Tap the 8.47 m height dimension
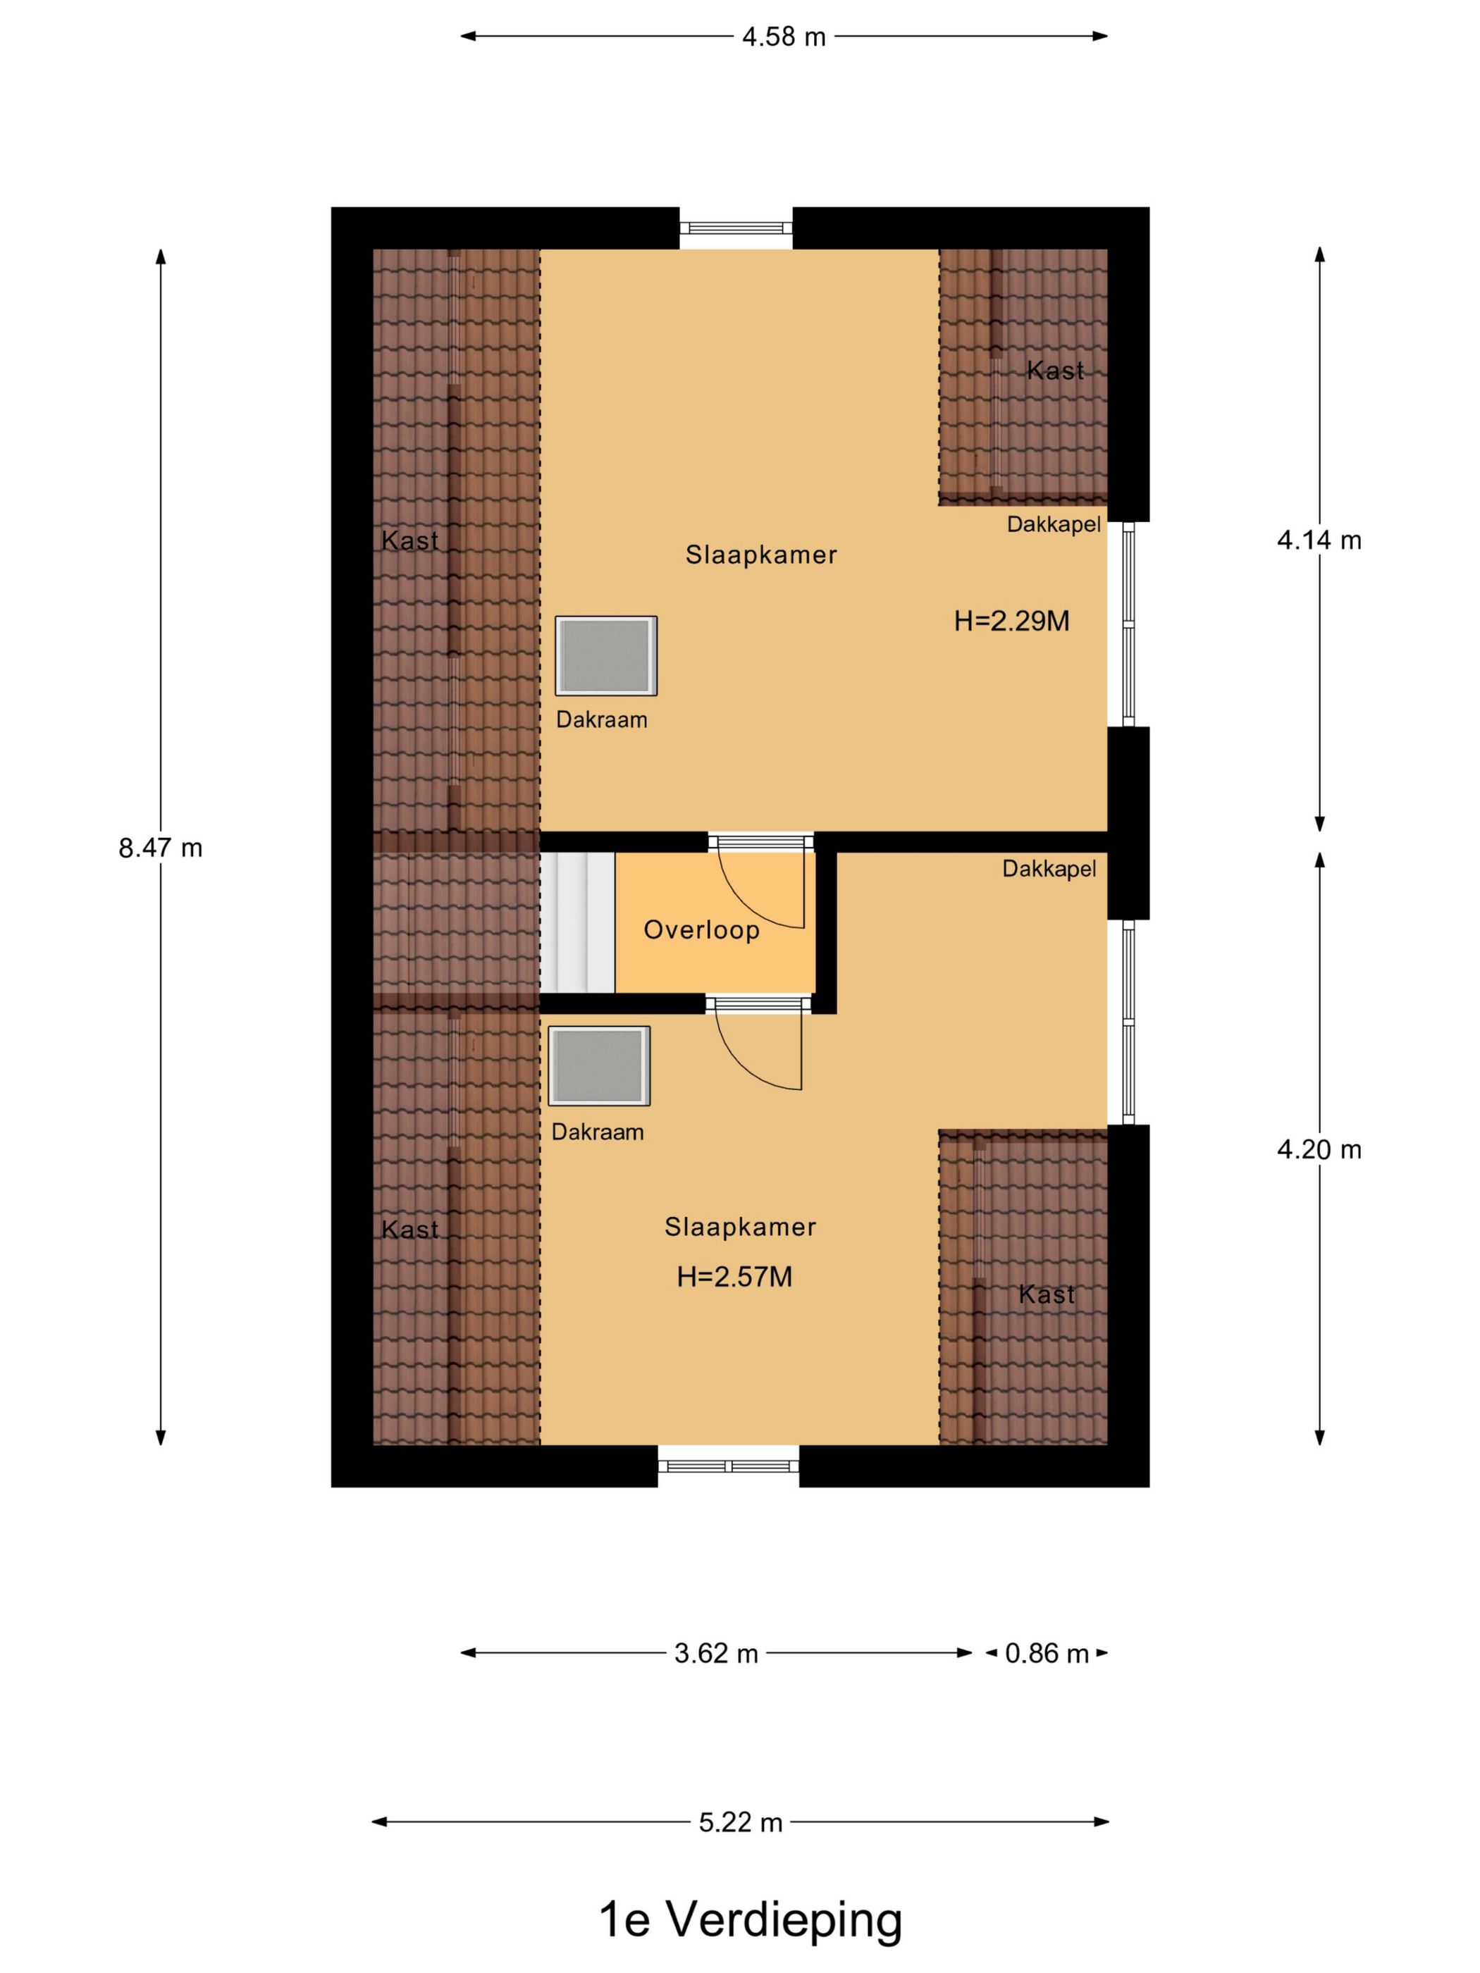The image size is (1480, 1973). pos(161,848)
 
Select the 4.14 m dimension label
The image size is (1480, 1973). pos(1319,540)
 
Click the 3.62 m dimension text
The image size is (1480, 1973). pos(715,1653)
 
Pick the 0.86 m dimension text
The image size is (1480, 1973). pos(1047,1653)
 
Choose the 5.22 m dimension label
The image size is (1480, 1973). pos(741,1822)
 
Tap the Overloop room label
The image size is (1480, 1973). pos(701,929)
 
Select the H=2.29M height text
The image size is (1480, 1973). pos(1011,621)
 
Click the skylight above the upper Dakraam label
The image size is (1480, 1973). pos(605,655)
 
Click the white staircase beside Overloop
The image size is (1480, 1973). pos(577,922)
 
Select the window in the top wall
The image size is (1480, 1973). pos(735,228)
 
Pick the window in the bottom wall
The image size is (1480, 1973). pos(728,1466)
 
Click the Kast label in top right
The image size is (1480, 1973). pos(1054,370)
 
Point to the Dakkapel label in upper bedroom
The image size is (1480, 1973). pos(1053,524)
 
